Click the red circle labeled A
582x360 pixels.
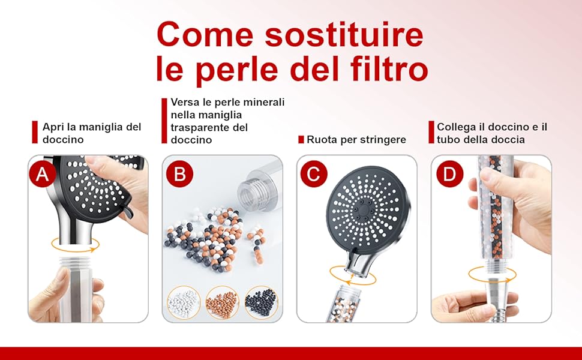43,173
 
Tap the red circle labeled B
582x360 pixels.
179,173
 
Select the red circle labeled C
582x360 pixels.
314,173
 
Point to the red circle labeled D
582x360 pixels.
449,173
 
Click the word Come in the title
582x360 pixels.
205,35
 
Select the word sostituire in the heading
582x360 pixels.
344,35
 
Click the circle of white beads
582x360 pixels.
184,303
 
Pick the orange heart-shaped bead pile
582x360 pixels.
223,303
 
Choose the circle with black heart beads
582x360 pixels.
262,303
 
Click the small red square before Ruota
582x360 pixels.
301,140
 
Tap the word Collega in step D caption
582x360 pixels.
452,127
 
